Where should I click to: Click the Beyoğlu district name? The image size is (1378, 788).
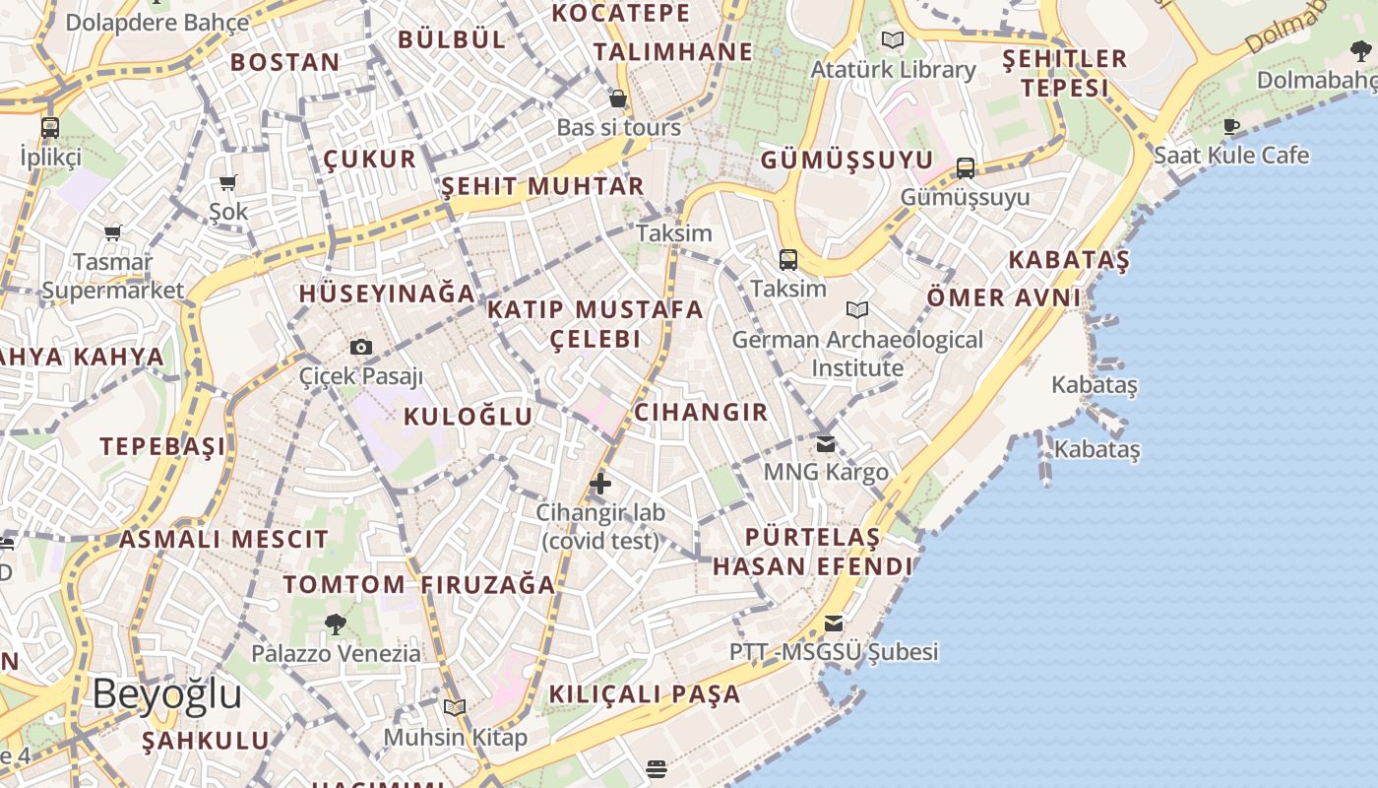pos(167,694)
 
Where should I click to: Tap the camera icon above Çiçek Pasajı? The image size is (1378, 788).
pos(361,347)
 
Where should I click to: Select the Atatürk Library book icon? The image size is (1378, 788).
pos(893,40)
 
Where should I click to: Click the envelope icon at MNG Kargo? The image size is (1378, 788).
pos(826,444)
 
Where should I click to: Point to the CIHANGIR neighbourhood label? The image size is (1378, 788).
pos(701,412)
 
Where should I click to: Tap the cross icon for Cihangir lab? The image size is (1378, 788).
pos(600,484)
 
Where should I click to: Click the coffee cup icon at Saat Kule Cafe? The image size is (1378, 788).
pos(1231,126)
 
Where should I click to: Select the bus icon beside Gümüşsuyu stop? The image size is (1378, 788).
pos(966,168)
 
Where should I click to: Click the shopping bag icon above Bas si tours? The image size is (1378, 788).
pos(618,98)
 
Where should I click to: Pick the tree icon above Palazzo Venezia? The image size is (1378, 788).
pos(336,624)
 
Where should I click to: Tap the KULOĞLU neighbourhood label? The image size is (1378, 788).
pos(469,417)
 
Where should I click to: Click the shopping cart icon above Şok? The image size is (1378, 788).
pos(228,182)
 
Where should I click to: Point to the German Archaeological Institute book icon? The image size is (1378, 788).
pos(857,310)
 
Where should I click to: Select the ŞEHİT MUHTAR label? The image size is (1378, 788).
pos(542,186)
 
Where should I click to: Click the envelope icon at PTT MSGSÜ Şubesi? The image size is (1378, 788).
pos(834,623)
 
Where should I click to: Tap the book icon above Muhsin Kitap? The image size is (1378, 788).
pos(455,708)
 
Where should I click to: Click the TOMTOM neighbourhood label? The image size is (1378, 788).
pos(344,584)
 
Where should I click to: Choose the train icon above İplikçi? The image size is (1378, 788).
pos(50,128)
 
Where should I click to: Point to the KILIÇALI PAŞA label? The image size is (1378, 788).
pos(645,693)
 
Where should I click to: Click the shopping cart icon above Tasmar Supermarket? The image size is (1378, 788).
pos(112,233)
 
